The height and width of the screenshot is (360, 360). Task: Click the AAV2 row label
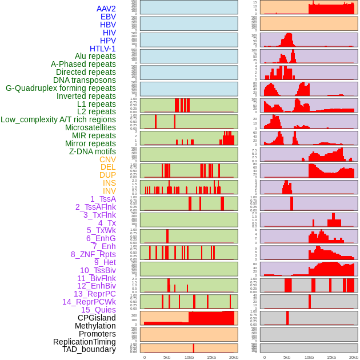pyautogui.click(x=106, y=9)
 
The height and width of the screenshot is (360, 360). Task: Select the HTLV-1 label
pyautogui.click(x=103, y=49)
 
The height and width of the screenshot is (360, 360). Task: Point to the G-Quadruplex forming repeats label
pyautogui.click(x=61, y=88)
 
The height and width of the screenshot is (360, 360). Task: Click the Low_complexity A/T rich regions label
pyautogui.click(x=58, y=119)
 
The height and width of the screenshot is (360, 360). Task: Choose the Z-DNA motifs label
pyautogui.click(x=93, y=151)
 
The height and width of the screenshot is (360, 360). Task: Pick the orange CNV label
pyautogui.click(x=107, y=159)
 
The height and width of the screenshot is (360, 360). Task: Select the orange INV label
pyautogui.click(x=109, y=191)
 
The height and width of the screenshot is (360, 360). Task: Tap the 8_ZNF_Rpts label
pyautogui.click(x=93, y=254)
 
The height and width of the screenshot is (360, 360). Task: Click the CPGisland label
pyautogui.click(x=97, y=318)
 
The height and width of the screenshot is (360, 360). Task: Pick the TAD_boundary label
pyautogui.click(x=89, y=349)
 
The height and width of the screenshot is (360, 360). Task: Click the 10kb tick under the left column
pyautogui.click(x=189, y=357)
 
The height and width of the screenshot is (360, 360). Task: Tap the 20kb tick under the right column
pyautogui.click(x=354, y=357)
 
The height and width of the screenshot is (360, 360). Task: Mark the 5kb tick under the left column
pyautogui.click(x=167, y=357)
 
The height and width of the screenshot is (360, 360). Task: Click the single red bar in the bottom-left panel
pyautogui.click(x=194, y=348)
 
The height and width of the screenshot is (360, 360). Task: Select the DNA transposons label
pyautogui.click(x=85, y=80)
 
